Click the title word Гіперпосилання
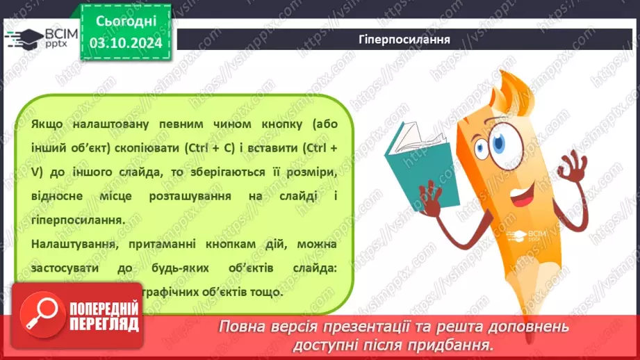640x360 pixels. pyautogui.click(x=409, y=40)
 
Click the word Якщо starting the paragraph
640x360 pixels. pyautogui.click(x=46, y=125)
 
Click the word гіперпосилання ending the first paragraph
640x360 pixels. pyautogui.click(x=76, y=220)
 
